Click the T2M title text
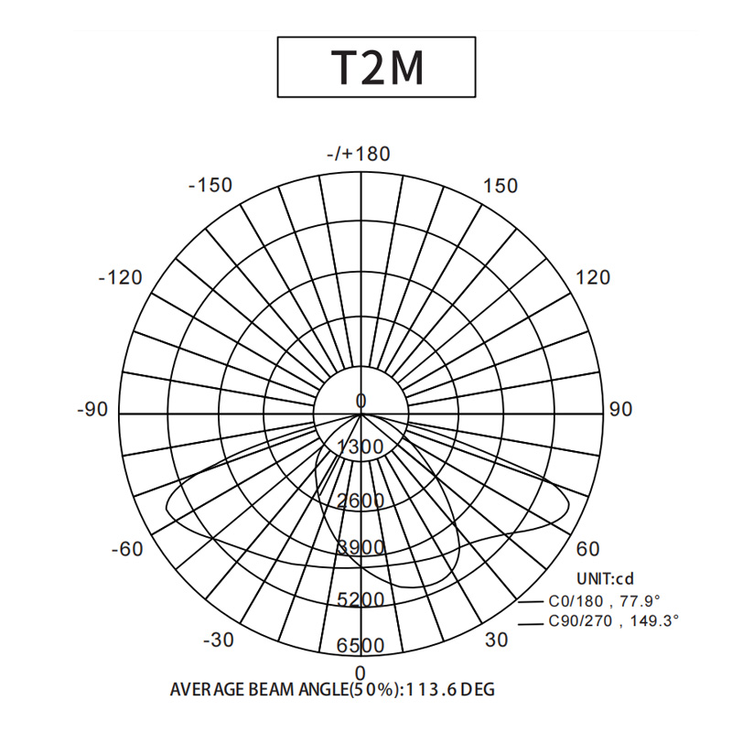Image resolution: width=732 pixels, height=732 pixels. [x=377, y=67]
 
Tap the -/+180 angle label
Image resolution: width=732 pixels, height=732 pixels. [x=359, y=154]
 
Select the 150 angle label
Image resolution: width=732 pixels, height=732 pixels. [x=500, y=186]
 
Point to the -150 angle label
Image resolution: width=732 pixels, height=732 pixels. [x=210, y=186]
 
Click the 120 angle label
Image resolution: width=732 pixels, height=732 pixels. [x=593, y=278]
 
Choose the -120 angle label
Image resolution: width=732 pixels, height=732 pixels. [x=121, y=278]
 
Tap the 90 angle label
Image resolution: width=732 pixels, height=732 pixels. [x=621, y=409]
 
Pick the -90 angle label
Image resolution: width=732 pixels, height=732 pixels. [x=92, y=409]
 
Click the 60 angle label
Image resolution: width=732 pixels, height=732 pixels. [x=587, y=549]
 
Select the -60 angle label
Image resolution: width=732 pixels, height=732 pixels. [x=127, y=549]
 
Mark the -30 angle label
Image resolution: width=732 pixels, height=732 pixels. [x=219, y=640]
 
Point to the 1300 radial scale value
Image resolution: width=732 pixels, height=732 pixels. [x=361, y=447]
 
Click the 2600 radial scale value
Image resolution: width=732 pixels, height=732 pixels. [x=361, y=501]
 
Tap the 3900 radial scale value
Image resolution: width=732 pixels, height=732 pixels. [x=361, y=546]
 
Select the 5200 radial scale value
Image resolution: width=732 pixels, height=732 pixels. [x=361, y=599]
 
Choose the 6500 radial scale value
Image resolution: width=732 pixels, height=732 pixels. [x=361, y=646]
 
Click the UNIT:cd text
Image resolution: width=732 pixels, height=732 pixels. [x=606, y=579]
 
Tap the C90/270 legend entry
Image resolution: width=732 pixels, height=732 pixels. [x=599, y=621]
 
